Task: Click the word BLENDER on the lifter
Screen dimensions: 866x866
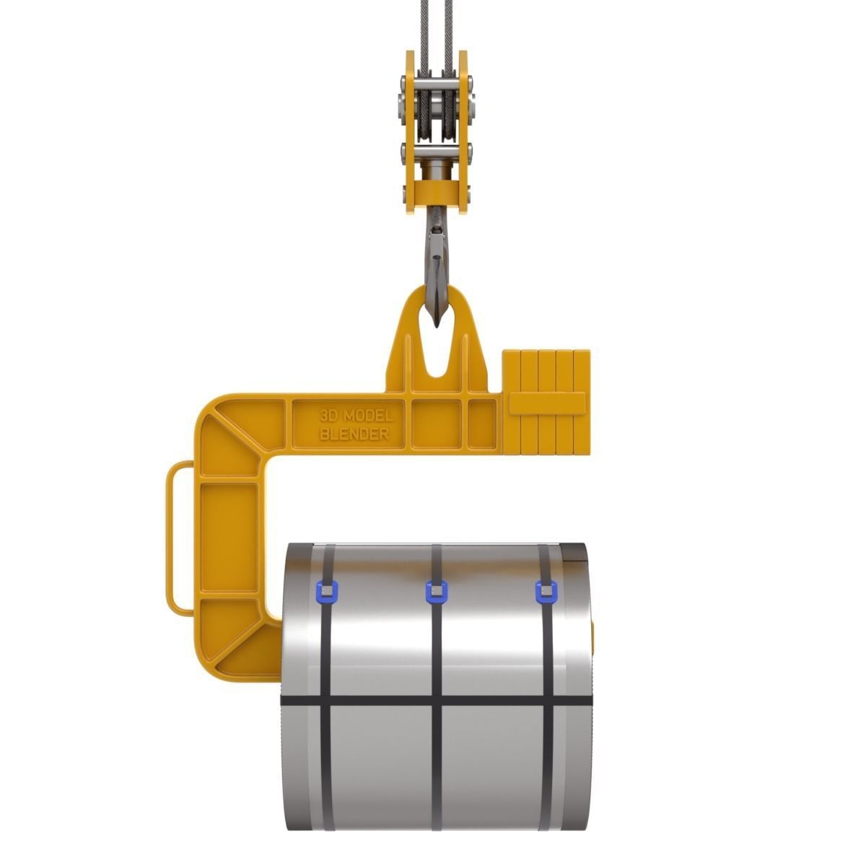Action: point(354,434)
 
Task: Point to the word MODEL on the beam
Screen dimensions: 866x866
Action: point(368,416)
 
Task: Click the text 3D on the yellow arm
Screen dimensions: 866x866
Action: point(329,416)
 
